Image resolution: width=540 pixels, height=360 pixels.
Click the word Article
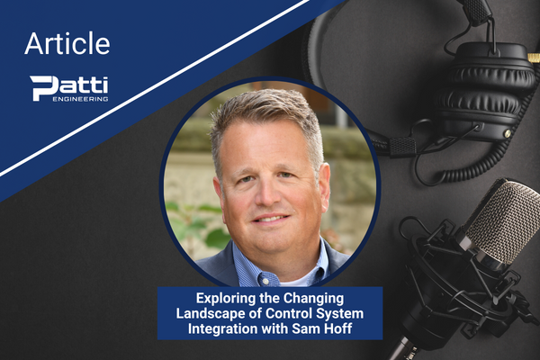click(67, 43)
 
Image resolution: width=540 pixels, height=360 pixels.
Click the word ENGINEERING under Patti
click(80, 99)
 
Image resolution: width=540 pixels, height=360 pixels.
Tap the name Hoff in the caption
click(338, 328)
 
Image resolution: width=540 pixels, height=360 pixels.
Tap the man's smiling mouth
click(270, 220)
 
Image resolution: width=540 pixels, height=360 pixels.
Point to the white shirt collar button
click(265, 281)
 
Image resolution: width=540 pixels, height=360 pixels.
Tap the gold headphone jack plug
click(534, 58)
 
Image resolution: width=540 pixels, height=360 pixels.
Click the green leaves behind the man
click(200, 224)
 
